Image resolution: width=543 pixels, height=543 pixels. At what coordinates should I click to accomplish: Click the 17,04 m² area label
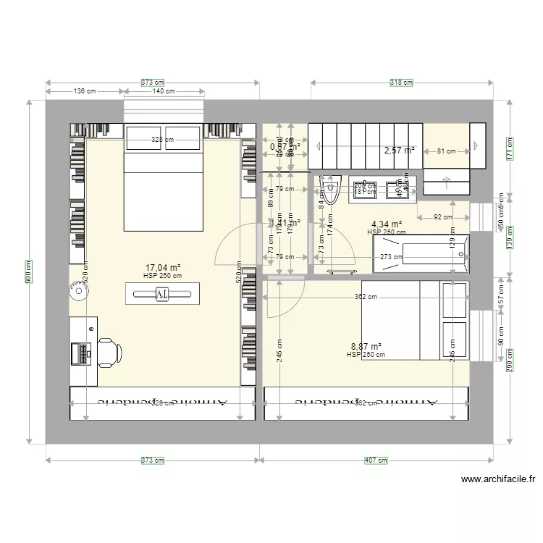click(x=162, y=267)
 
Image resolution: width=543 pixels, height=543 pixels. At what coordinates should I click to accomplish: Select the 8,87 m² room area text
click(x=366, y=347)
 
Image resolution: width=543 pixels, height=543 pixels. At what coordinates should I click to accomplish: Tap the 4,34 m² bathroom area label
click(x=386, y=224)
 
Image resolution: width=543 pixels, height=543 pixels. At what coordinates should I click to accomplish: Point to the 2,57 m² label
click(x=400, y=151)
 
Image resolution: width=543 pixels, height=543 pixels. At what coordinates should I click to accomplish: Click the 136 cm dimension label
click(x=85, y=91)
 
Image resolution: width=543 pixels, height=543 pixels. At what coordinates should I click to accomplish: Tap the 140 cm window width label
click(x=164, y=91)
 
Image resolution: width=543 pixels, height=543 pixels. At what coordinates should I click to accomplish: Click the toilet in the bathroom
click(x=331, y=192)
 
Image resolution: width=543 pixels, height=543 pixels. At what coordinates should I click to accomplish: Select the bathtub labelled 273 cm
click(x=420, y=256)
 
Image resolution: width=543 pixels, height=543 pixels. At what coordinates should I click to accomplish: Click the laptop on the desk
click(x=80, y=353)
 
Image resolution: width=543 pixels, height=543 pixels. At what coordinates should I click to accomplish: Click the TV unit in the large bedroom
click(x=162, y=293)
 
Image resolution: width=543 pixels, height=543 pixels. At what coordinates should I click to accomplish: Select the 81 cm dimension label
click(x=446, y=151)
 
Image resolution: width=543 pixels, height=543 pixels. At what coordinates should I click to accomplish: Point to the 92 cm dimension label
click(x=443, y=216)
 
